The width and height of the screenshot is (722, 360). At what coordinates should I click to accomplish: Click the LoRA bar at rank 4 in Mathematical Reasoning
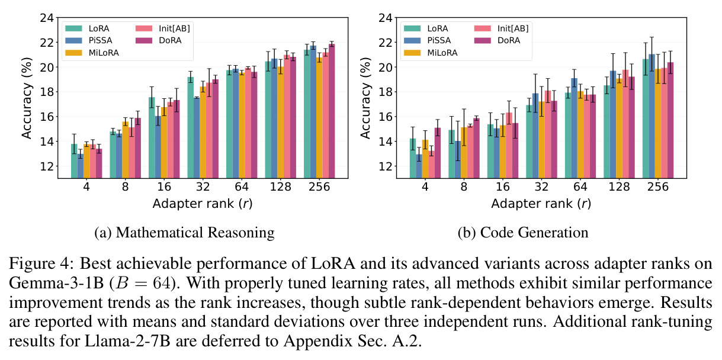pyautogui.click(x=74, y=161)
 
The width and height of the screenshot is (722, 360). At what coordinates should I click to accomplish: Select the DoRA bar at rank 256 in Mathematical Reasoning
pyautogui.click(x=332, y=111)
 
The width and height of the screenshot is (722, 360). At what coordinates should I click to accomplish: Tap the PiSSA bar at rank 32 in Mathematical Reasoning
pyautogui.click(x=197, y=138)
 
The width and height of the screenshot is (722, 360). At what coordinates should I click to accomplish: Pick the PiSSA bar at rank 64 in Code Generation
pyautogui.click(x=574, y=128)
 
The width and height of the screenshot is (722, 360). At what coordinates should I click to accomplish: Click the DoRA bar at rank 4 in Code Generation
pyautogui.click(x=437, y=153)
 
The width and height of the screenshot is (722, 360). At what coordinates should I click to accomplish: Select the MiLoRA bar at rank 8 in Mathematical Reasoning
pyautogui.click(x=126, y=150)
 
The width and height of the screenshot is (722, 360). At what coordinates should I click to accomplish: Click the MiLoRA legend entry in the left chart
pyautogui.click(x=92, y=53)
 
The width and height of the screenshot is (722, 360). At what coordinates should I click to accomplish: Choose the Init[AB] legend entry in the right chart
pyautogui.click(x=502, y=28)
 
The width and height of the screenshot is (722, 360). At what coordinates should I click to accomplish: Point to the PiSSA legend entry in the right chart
pyautogui.click(x=428, y=41)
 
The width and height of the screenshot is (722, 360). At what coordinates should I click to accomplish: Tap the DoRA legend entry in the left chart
pyautogui.click(x=159, y=41)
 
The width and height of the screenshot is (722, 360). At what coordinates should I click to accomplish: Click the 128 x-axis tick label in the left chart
pyautogui.click(x=280, y=187)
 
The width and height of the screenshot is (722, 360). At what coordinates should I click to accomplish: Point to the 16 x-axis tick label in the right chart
pyautogui.click(x=503, y=187)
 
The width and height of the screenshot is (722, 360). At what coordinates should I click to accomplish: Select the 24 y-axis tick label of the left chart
pyautogui.click(x=47, y=18)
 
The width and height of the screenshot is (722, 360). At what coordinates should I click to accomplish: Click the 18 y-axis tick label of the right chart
pyautogui.click(x=386, y=92)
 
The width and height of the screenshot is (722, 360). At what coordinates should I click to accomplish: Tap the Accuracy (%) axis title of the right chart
pyautogui.click(x=365, y=98)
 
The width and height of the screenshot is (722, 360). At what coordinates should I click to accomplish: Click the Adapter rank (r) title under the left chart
pyautogui.click(x=203, y=204)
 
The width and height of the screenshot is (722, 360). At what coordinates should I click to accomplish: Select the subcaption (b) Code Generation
pyautogui.click(x=523, y=233)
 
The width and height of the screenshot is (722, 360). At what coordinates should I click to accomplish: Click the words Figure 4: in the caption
pyautogui.click(x=42, y=263)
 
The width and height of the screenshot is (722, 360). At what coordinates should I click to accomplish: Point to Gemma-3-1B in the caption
pyautogui.click(x=56, y=283)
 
